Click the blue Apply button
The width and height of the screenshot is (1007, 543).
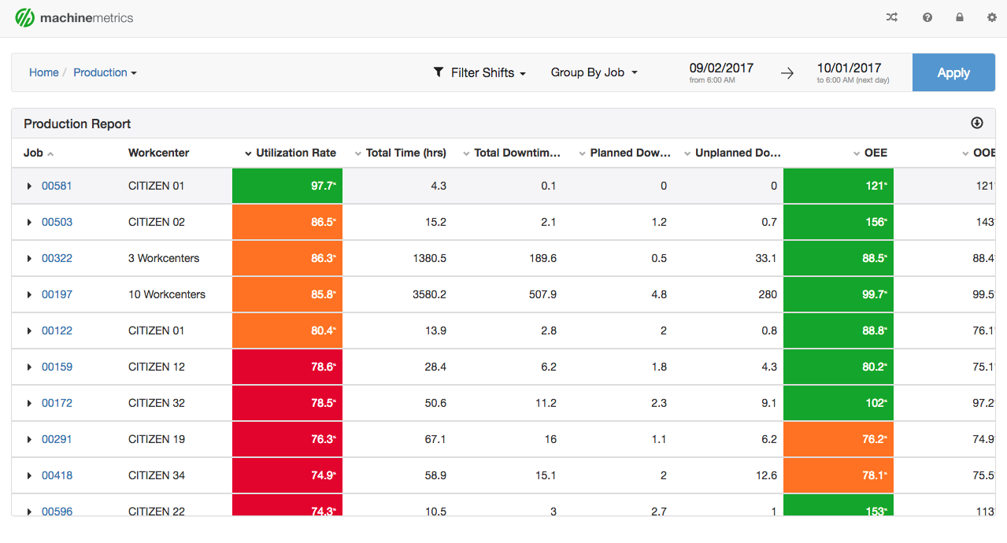coord(953,72)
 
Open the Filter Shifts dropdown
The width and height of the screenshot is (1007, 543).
coord(479,72)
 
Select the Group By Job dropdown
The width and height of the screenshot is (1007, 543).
coord(594,72)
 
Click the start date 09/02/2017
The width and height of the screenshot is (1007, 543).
coord(720,68)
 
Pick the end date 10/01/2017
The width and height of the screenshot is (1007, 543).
coord(849,68)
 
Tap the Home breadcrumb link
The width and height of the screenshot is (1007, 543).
coord(44,72)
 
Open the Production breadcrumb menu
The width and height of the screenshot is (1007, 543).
coord(105,72)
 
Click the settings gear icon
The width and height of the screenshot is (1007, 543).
coord(991,17)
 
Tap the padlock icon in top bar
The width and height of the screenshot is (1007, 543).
coord(959,17)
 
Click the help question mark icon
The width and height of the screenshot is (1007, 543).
coord(927,17)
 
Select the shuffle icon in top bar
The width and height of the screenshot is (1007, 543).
coord(891,17)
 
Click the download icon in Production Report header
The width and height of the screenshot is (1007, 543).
coord(977,123)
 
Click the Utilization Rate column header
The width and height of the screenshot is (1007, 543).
coord(295,153)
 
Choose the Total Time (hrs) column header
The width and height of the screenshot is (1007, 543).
coord(405,153)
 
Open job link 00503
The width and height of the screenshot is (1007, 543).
coord(57,222)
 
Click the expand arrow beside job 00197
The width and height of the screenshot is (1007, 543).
coord(29,294)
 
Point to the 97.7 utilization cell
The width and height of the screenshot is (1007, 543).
coord(287,186)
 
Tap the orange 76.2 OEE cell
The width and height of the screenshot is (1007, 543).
coord(839,439)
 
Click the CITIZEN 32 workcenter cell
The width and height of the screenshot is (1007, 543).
coord(157,403)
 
